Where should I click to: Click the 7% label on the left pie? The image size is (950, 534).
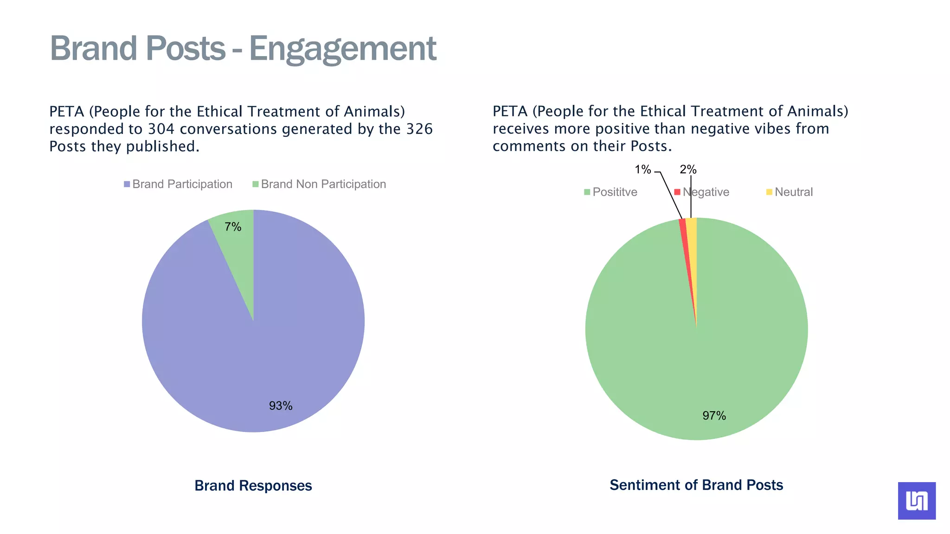[233, 227]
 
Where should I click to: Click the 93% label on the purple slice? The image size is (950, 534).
[281, 406]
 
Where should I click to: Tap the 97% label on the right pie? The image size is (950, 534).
[714, 415]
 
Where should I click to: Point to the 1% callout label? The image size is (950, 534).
[643, 170]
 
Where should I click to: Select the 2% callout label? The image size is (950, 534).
[688, 170]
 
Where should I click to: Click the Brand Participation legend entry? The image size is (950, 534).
[178, 184]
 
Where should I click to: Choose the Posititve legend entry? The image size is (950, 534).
[610, 192]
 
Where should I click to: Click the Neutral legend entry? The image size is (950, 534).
[790, 192]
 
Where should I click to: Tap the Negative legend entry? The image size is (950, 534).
[702, 192]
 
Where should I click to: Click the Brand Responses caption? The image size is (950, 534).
[253, 485]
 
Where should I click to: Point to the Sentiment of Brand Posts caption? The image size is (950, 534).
[696, 485]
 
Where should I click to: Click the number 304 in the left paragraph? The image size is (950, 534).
[161, 129]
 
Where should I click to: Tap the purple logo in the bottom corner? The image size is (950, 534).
[917, 501]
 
